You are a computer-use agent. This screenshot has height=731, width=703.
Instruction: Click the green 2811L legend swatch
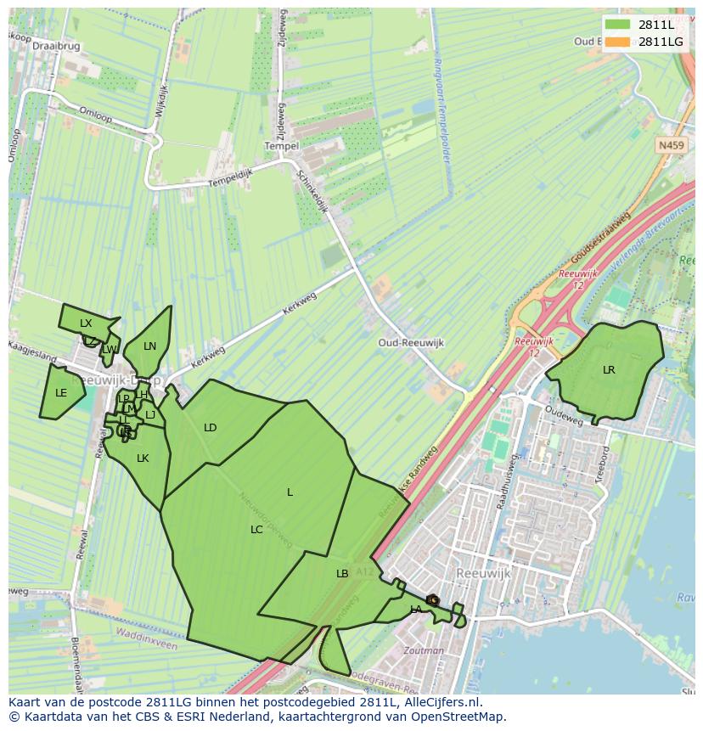tap(618, 25)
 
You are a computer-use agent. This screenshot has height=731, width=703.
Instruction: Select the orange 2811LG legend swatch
tap(618, 42)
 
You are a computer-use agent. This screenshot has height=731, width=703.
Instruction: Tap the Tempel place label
tap(282, 146)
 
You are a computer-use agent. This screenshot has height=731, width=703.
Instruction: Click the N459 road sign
tap(671, 146)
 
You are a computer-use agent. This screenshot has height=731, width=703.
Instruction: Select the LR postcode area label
tap(609, 370)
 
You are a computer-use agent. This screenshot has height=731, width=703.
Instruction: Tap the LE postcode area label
tap(61, 393)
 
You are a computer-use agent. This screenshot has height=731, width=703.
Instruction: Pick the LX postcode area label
tap(86, 323)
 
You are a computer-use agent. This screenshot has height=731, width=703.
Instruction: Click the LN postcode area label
tap(150, 346)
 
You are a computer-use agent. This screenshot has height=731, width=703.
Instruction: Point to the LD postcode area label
tap(211, 428)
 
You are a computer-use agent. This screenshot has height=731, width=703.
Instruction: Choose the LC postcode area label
tap(256, 530)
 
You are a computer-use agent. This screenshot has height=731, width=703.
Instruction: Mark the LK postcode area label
tap(143, 458)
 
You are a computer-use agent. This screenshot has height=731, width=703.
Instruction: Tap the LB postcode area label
tap(342, 574)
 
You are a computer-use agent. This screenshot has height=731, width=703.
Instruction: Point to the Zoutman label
tap(424, 651)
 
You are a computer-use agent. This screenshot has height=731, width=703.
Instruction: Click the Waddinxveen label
tap(147, 644)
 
